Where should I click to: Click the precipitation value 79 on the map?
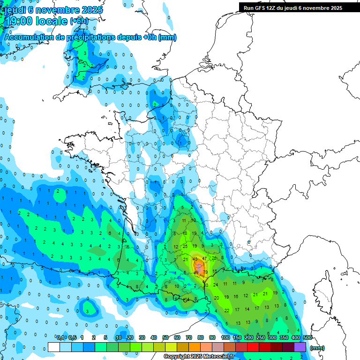coord(205,272)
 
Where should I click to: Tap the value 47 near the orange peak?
coord(204,258)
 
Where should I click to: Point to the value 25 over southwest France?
coord(185,246)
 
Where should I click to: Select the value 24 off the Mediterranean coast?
coord(216,285)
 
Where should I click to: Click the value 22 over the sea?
coord(227,310)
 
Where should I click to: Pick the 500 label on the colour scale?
coord(307,337)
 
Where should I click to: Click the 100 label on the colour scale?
coord(225,337)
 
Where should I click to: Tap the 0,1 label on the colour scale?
coord(60,337)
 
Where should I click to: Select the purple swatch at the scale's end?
coord(300,347)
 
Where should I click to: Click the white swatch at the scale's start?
coord(54,347)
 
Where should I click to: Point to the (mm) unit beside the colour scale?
coord(317,348)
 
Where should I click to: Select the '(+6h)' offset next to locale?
coord(79,22)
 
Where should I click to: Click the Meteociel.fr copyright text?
coord(199,357)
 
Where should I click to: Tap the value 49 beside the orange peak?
coord(195,259)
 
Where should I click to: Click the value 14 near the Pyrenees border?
coord(187,299)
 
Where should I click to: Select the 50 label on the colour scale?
coord(165,337)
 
